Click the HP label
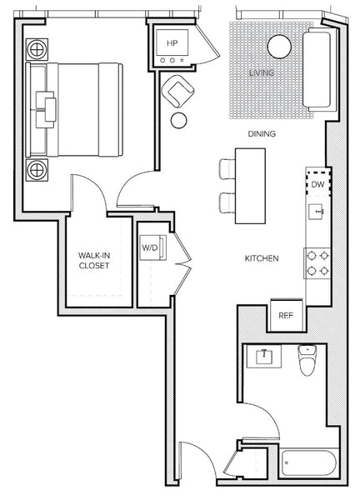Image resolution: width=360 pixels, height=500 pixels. pos(172,43)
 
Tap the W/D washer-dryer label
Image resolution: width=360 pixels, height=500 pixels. pos(150,247)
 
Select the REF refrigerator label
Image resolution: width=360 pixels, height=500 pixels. pos(286,315)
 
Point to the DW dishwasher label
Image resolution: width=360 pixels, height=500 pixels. pos(317,184)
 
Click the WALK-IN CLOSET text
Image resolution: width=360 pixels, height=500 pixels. pos(94,261)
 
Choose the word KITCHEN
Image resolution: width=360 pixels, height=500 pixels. pos(262,258)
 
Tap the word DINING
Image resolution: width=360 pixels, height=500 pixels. pos(262,134)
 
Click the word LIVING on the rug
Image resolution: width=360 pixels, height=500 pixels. pos(262,72)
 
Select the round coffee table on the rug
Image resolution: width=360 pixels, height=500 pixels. pos(279,47)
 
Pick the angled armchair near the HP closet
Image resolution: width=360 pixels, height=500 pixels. pos(178,91)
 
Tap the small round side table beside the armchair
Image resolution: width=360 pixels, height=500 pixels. pos(179,121)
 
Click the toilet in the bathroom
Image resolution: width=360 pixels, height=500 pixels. pos(307,360)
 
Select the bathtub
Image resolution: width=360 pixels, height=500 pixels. pos(308,462)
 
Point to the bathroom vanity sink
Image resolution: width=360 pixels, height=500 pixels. pos(264,356)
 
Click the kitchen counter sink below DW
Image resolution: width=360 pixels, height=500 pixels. pos(317,212)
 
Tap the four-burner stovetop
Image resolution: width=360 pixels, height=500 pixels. pos(317,263)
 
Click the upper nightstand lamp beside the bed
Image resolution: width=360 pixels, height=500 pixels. pos(37,50)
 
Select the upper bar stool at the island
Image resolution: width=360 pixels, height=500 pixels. pos(227,169)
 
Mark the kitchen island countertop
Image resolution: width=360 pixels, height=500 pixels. pos(250,186)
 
